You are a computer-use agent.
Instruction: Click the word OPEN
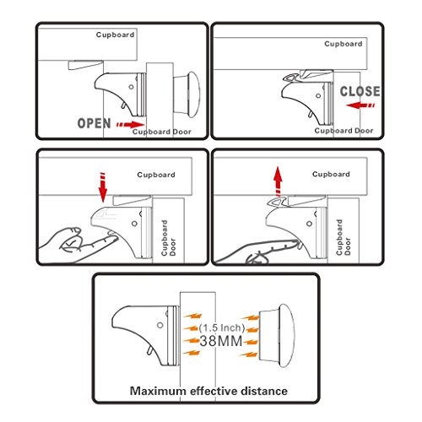coord(94,123)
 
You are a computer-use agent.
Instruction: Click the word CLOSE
coord(360,91)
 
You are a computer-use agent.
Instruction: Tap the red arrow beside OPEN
coord(130,125)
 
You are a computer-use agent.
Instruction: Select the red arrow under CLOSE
coord(360,105)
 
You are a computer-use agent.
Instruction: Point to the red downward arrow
coord(103,187)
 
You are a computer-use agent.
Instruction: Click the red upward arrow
coord(278,181)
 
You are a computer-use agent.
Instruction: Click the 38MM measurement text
coord(221,341)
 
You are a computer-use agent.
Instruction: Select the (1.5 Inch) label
coord(222,327)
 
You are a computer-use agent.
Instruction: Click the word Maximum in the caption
coord(158,391)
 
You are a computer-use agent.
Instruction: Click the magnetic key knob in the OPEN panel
coord(187,95)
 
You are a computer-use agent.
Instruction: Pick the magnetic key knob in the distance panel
coord(277,335)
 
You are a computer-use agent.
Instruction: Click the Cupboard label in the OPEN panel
coord(115,35)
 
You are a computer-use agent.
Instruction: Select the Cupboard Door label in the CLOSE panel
coord(344,131)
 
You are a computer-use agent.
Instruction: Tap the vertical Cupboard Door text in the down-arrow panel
coord(168,238)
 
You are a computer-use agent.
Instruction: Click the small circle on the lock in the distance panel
coord(160,325)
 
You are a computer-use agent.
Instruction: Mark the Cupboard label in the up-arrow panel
coord(331,174)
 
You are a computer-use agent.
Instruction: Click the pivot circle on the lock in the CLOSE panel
coord(318,95)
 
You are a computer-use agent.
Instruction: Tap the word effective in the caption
coord(209,391)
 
